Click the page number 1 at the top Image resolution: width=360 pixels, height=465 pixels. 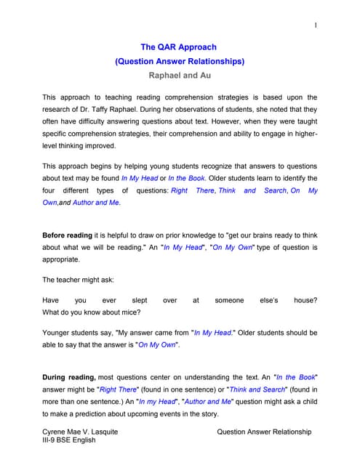point(315,25)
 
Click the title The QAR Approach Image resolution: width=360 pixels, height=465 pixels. point(180,47)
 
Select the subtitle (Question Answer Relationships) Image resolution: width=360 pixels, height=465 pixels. point(180,62)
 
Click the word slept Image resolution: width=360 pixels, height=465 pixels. point(139,299)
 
